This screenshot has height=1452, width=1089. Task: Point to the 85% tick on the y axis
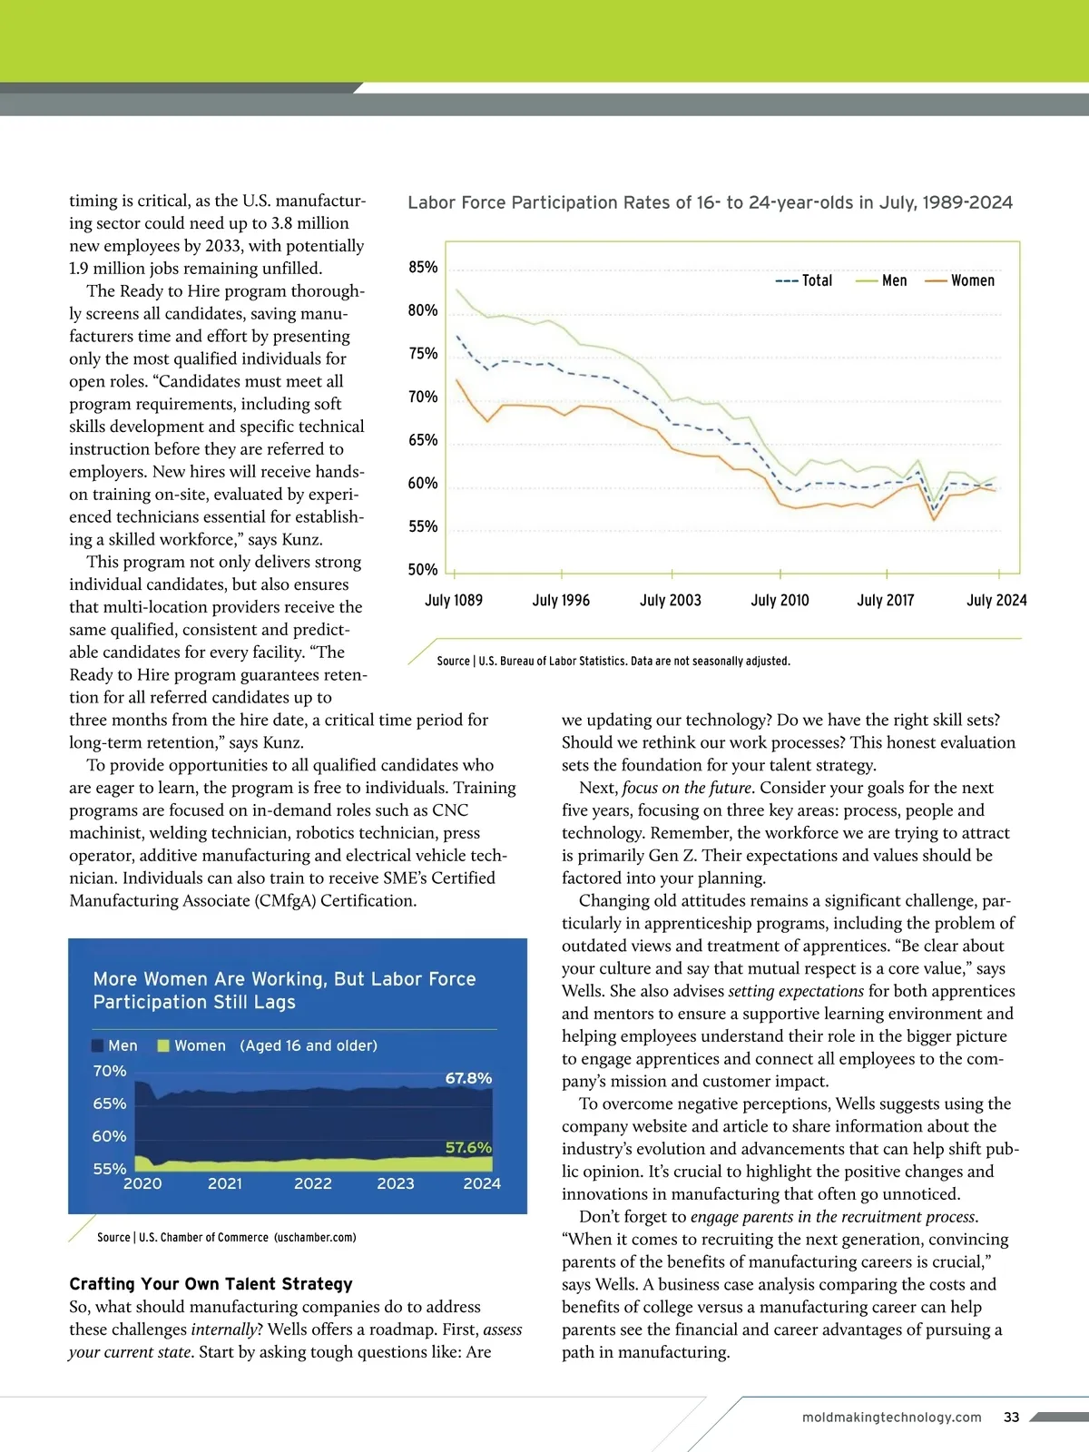(x=423, y=267)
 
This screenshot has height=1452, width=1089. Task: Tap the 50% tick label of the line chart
(x=423, y=570)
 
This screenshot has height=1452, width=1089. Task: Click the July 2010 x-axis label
(x=780, y=600)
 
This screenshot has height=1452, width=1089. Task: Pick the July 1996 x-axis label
(x=561, y=600)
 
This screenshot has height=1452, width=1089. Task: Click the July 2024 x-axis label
(x=996, y=600)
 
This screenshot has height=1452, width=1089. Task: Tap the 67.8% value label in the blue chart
(x=468, y=1078)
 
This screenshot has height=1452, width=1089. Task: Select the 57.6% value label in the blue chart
(x=468, y=1148)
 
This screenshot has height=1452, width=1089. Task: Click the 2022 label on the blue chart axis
(x=313, y=1183)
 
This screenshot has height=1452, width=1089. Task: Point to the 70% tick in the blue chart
(x=110, y=1071)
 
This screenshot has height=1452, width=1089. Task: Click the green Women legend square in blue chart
(x=163, y=1045)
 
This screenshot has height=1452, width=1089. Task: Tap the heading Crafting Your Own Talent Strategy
(x=211, y=1284)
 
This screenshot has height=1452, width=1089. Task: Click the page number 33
(x=1012, y=1418)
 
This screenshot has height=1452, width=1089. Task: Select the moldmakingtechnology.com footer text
(x=891, y=1418)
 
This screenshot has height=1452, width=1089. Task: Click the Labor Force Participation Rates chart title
(x=710, y=202)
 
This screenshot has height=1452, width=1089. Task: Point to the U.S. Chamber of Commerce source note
(x=227, y=1237)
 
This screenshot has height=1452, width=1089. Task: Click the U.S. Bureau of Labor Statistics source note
(x=613, y=661)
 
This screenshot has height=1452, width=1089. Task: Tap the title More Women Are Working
(x=284, y=990)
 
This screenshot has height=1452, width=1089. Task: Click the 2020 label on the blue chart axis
(x=142, y=1183)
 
